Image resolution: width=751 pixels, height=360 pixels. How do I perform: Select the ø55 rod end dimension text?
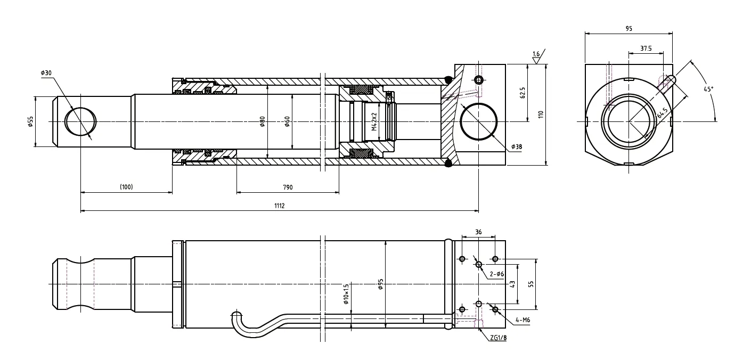click(31, 122)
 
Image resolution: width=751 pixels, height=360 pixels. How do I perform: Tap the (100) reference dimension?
click(126, 187)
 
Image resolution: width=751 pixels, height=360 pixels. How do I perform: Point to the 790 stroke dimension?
click(288, 187)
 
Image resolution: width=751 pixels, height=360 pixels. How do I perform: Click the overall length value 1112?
click(279, 206)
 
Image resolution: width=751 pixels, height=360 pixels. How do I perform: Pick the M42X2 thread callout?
click(374, 122)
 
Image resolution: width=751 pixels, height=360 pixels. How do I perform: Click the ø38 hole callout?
click(516, 146)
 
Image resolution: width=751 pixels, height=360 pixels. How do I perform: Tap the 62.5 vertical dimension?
click(523, 93)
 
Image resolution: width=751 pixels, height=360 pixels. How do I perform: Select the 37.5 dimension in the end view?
click(646, 48)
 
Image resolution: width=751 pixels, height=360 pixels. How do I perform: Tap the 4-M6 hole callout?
click(522, 320)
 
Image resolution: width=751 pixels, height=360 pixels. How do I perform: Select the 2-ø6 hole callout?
click(496, 274)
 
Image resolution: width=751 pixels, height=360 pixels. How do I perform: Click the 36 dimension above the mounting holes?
click(478, 232)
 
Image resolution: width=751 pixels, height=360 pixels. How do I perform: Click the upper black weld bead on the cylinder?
click(448, 80)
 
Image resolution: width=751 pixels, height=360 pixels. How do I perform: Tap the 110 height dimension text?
click(541, 114)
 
